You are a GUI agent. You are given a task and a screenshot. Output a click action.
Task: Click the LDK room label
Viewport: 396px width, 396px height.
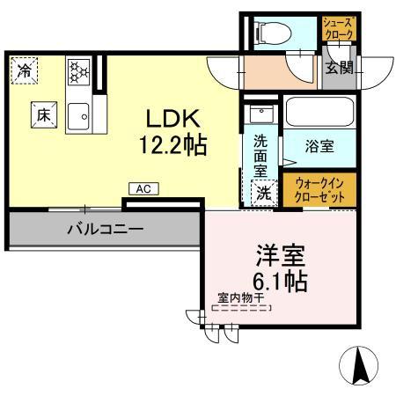[173, 118]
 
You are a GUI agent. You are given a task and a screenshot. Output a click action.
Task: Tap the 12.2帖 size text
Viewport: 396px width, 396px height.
[173, 145]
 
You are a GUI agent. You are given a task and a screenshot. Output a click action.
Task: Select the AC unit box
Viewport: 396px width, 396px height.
[143, 189]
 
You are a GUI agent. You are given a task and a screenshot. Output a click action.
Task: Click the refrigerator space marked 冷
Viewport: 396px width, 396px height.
[25, 70]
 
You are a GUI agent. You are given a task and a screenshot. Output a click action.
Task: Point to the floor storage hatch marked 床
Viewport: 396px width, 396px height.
[44, 115]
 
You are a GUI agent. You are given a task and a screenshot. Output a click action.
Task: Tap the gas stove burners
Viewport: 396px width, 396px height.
[78, 72]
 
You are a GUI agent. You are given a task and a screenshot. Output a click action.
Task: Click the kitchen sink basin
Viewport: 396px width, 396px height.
[78, 116]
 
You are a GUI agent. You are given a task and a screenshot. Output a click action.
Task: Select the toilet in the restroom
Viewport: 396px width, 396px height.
[273, 33]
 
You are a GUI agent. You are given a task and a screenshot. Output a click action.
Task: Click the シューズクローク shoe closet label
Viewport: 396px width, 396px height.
[339, 28]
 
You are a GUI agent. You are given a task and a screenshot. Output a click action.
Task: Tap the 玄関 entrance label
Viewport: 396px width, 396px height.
[340, 68]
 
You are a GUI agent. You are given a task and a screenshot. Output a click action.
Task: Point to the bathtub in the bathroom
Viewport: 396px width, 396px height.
[319, 111]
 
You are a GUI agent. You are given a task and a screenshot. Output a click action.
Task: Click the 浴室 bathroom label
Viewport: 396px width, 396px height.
[319, 146]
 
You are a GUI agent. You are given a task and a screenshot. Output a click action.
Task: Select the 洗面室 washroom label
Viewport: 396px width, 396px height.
[260, 156]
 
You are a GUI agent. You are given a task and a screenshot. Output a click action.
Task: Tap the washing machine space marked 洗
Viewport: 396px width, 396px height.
[264, 193]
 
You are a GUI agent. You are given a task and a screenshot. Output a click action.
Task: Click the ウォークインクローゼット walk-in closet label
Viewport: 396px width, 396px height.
[319, 190]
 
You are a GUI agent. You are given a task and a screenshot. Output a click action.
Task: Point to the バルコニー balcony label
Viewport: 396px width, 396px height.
[106, 229]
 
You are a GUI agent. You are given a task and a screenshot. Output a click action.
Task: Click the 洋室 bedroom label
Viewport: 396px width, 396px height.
[281, 255]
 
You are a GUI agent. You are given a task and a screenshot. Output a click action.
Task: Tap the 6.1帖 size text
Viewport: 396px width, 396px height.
[280, 281]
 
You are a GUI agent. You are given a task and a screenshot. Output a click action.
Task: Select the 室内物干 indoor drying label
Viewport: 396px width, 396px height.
[241, 298]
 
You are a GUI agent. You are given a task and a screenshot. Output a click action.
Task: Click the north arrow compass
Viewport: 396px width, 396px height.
[358, 365]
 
